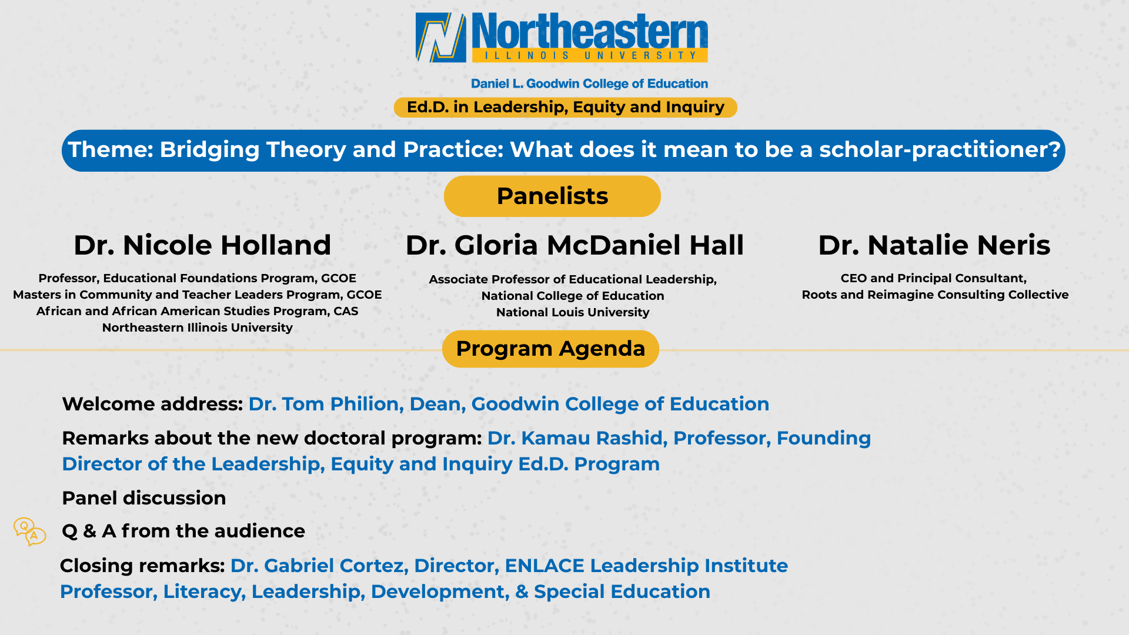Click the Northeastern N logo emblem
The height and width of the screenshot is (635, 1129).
(440, 38)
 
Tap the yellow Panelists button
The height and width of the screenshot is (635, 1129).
(552, 196)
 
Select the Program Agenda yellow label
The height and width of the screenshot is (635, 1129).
(550, 349)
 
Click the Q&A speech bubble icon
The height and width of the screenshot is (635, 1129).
(30, 532)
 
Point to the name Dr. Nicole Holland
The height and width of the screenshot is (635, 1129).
(202, 245)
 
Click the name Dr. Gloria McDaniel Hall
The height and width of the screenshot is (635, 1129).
(574, 245)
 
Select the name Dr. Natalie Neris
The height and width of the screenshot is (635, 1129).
(934, 245)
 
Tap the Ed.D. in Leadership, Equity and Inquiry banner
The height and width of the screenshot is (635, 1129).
(565, 108)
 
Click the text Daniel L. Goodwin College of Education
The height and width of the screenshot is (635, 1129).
(589, 84)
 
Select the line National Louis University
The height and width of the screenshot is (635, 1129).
(573, 312)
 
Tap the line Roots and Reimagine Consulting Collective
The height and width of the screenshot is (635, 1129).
(935, 295)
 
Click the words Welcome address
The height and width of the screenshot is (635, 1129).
(152, 404)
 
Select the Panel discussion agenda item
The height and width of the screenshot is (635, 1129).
(144, 498)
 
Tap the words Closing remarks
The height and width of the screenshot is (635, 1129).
(142, 566)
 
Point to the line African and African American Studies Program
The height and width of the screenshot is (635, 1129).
(197, 311)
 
